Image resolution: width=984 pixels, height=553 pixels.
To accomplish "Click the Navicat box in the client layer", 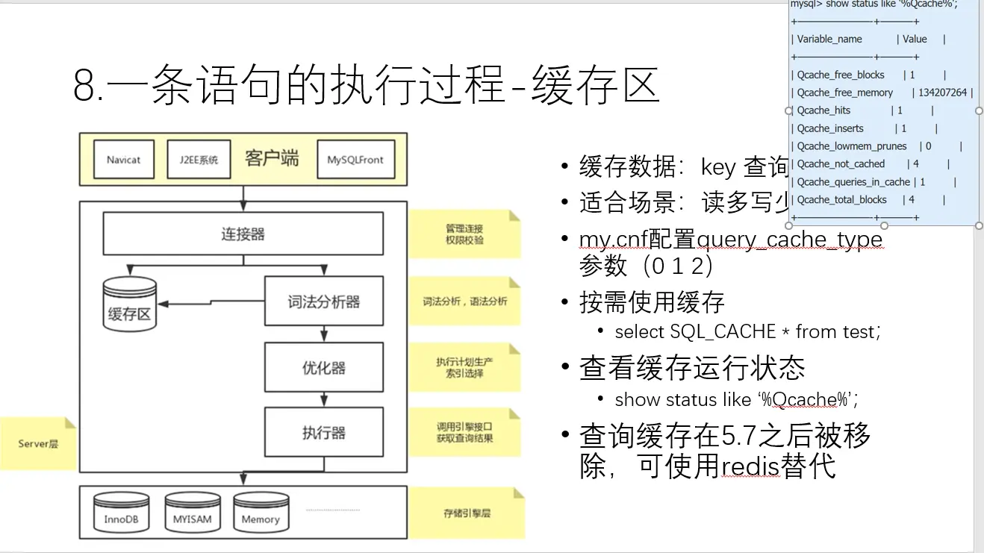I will [123, 160].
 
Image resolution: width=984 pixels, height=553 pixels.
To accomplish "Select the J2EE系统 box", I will [199, 160].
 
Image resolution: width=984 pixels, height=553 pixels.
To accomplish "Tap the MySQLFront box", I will [355, 160].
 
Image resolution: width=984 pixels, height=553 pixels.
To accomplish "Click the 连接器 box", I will [243, 234].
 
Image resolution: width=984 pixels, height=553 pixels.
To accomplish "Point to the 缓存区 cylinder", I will [130, 304].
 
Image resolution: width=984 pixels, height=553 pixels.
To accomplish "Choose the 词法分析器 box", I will [323, 302].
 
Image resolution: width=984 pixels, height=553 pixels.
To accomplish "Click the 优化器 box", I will [323, 368].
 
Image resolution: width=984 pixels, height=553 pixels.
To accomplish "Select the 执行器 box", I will [323, 433].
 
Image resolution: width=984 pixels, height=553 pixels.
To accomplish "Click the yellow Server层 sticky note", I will [38, 444].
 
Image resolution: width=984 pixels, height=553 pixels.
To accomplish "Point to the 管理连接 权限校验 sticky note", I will [464, 234].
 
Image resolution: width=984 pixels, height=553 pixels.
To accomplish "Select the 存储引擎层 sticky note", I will [467, 513].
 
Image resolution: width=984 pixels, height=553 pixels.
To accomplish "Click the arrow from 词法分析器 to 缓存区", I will [213, 302].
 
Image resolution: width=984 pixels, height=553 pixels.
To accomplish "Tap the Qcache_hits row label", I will [823, 110].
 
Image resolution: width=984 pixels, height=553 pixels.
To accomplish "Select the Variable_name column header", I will [829, 40].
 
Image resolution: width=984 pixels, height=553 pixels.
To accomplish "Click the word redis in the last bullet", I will [750, 466].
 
